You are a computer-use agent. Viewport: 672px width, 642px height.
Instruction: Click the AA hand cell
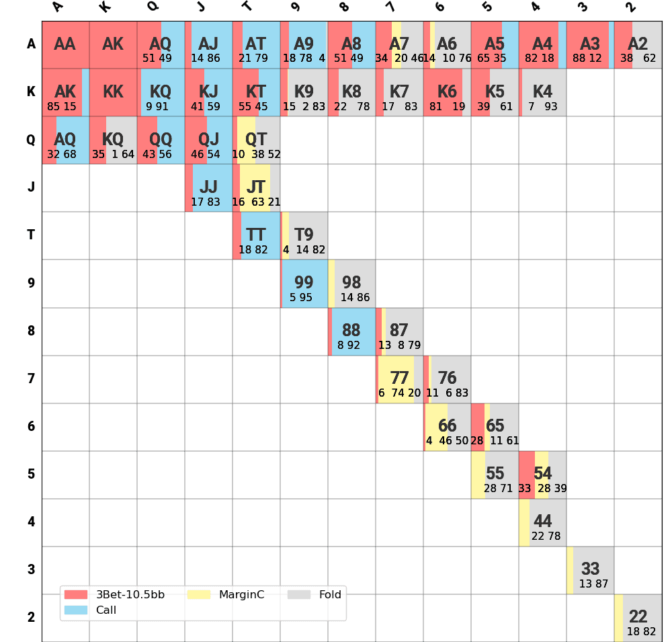[65, 44]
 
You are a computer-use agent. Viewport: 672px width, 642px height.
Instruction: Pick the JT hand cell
[256, 188]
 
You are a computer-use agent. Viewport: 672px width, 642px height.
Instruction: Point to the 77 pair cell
[399, 379]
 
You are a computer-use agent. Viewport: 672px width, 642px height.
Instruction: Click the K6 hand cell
[447, 92]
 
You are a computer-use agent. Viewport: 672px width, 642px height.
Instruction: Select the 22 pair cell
[638, 618]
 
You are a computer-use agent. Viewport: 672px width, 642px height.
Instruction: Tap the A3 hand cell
[590, 44]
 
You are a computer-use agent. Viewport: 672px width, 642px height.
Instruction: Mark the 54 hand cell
[542, 475]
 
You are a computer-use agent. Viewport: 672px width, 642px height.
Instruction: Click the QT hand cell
[256, 140]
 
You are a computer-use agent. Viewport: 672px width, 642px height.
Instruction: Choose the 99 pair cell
[304, 283]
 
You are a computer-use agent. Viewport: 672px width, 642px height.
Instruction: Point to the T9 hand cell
[304, 235]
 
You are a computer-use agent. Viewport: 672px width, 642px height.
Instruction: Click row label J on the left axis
[31, 188]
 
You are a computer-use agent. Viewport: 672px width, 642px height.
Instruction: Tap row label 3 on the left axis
[31, 570]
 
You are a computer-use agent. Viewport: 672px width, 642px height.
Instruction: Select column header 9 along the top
[296, 7]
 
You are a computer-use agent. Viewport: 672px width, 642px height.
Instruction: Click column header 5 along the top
[487, 7]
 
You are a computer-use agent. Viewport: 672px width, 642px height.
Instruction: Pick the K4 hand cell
[542, 92]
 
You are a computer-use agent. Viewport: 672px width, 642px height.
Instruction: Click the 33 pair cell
[590, 570]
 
